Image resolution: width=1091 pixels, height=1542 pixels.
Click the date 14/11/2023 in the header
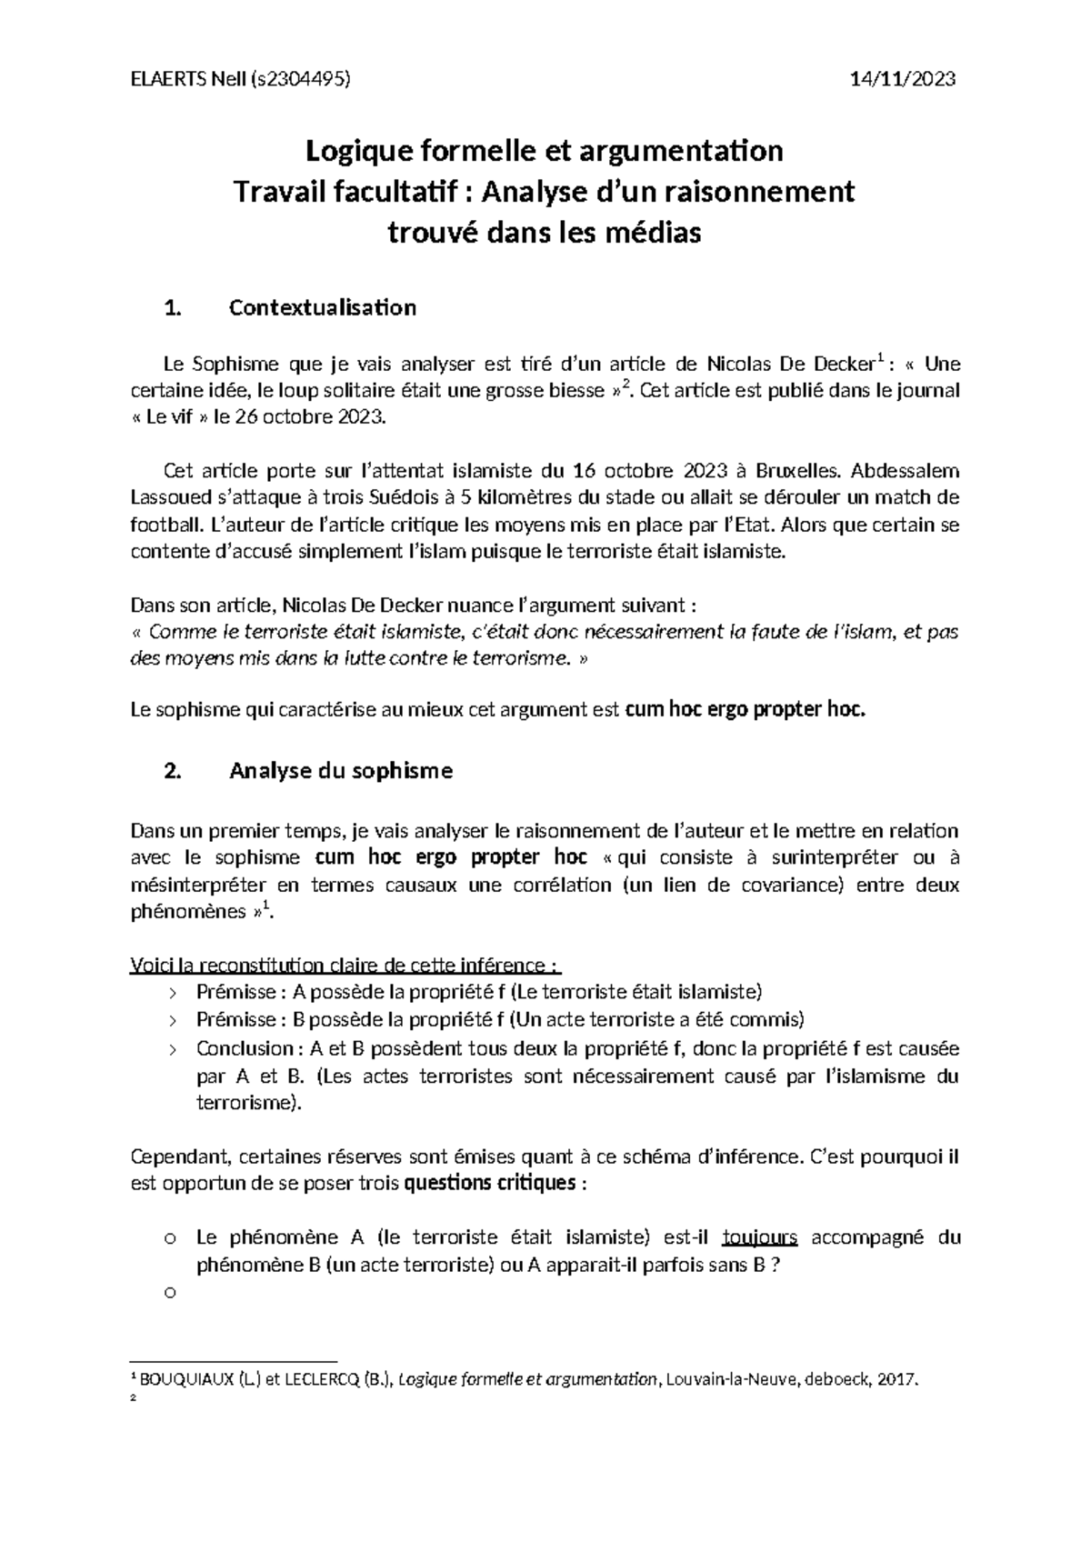point(901,79)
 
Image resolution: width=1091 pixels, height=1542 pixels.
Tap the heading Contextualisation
point(323,307)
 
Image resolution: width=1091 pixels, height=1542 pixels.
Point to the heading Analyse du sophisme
point(341,771)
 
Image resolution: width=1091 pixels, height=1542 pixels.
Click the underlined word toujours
point(759,1237)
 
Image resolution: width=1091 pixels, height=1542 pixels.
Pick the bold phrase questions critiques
point(489,1184)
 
